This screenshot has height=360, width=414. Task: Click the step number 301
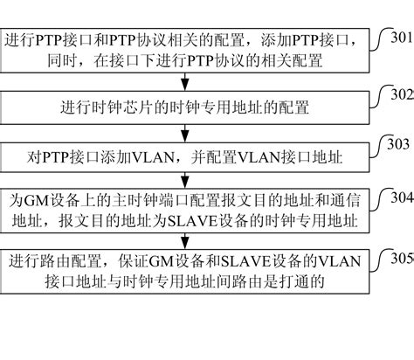403,37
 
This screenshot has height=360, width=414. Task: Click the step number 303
397,143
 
